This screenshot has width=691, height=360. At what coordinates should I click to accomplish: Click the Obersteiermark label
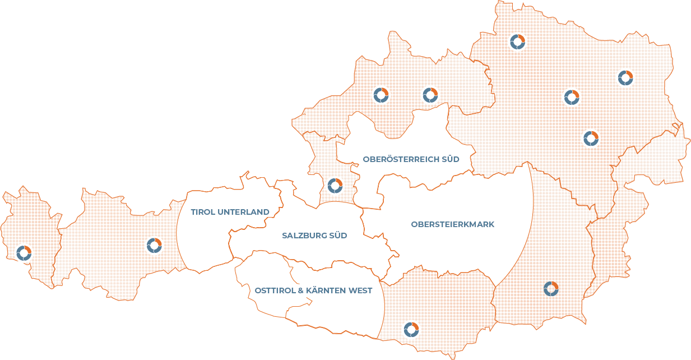pos(452,224)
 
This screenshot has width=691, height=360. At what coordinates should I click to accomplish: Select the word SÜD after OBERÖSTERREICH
pos(450,159)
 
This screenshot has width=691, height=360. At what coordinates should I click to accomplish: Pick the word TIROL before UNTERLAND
pos(203,212)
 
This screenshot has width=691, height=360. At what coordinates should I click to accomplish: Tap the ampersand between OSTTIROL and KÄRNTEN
pos(302,290)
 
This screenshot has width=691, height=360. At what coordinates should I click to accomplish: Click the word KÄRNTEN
pos(328,290)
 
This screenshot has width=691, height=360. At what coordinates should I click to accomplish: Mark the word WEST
pos(361,290)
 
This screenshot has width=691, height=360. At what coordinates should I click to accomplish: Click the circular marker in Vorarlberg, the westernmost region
pos(24,253)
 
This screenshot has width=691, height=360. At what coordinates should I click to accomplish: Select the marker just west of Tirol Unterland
pos(154,245)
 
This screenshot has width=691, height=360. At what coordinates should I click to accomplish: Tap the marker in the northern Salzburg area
pos(335,185)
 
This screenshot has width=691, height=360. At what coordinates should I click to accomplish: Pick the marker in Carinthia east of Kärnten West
pos(411,329)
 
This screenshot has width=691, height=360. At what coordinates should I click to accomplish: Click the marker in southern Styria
pos(551,289)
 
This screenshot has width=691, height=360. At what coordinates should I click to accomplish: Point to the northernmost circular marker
pos(517,41)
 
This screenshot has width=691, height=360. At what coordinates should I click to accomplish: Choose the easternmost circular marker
pos(625,77)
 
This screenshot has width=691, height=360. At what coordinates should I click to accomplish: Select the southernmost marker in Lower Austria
pos(591,137)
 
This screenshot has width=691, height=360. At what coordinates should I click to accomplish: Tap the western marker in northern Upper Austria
pos(381,95)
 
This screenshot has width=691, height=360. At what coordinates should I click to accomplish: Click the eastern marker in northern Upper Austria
pos(430,95)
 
